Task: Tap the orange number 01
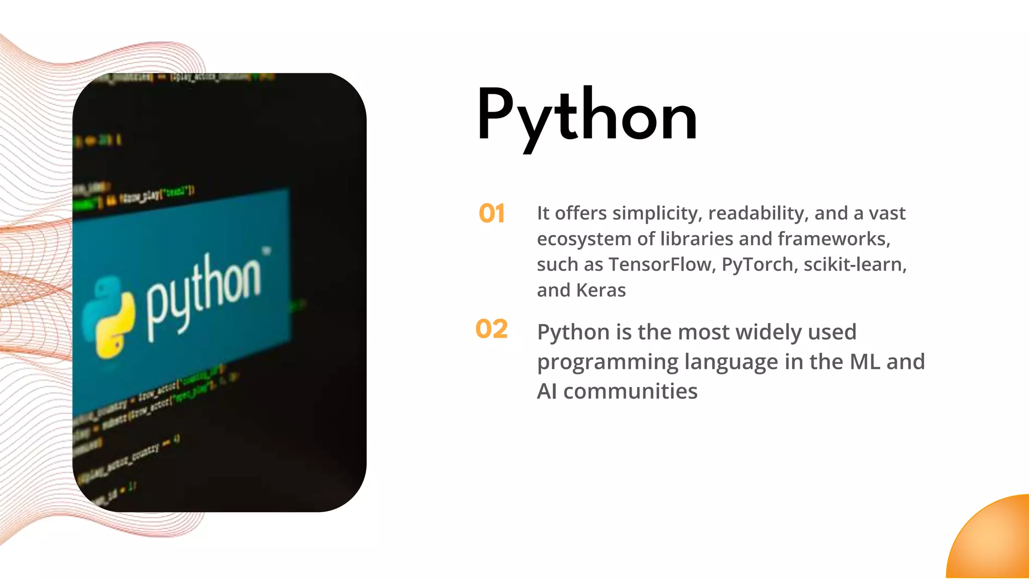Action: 491,214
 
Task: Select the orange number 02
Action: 491,329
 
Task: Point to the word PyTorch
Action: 758,264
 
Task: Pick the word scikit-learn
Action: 855,264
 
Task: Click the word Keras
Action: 601,291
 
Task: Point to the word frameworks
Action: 834,239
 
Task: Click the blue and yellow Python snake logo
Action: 109,317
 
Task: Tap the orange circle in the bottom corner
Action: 992,540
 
